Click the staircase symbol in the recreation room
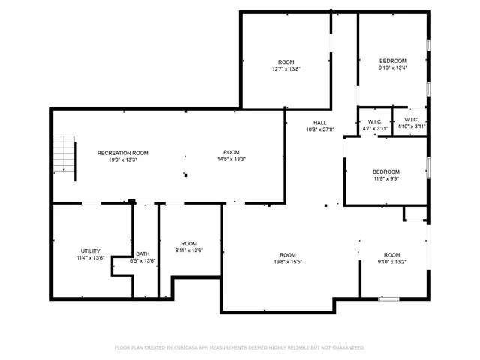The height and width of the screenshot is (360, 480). (66, 153)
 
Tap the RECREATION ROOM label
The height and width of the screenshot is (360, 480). (117, 153)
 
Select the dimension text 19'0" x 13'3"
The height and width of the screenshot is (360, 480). (117, 160)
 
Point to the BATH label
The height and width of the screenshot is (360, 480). (142, 253)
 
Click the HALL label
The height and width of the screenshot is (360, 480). (319, 122)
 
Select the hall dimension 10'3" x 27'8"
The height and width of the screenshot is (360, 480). (319, 129)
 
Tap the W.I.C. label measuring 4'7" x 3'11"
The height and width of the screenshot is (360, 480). (374, 121)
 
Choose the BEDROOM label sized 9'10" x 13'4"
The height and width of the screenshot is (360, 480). (393, 61)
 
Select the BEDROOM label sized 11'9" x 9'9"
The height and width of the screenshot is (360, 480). (386, 172)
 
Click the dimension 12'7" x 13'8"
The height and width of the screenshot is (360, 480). (286, 68)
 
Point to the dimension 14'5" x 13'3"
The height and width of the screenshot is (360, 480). (231, 160)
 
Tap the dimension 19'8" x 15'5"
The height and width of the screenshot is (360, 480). (288, 262)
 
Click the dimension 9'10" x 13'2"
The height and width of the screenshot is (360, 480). (392, 262)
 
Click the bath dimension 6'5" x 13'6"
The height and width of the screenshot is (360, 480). (142, 260)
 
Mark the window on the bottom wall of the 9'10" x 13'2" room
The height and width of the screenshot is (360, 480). (388, 298)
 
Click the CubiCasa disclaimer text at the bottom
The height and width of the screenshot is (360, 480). (239, 347)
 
